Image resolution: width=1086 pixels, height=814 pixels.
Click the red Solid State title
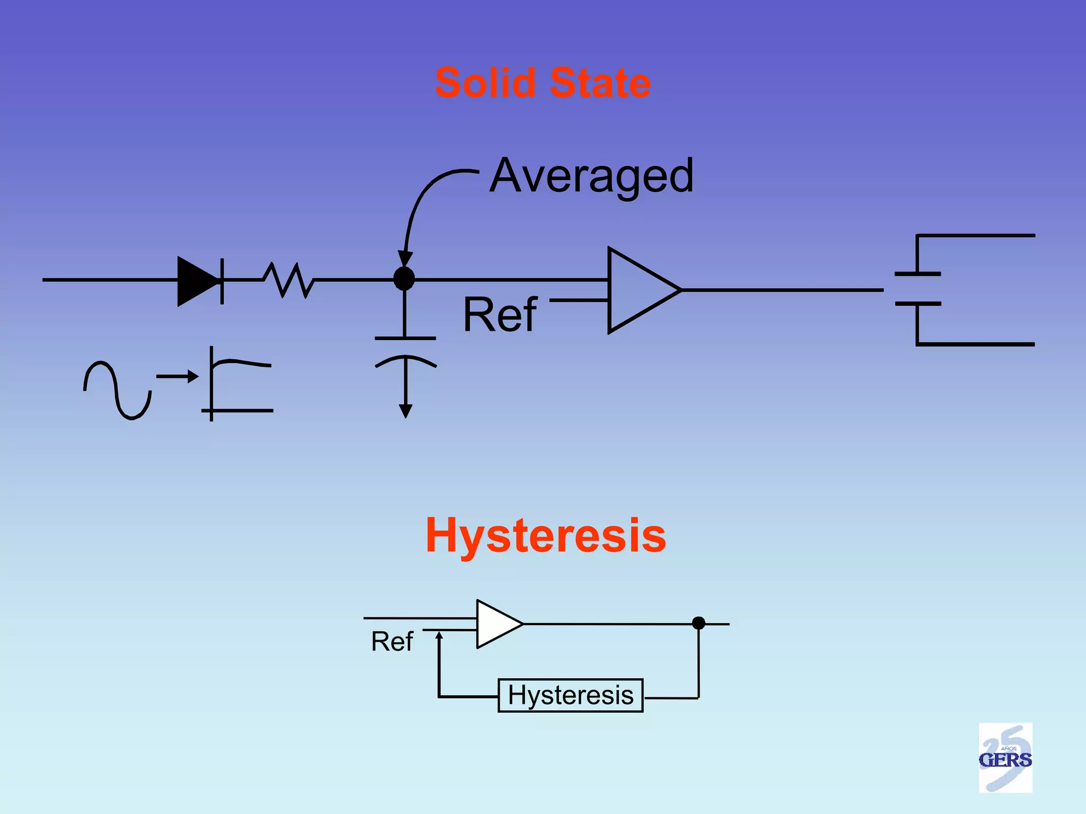[542, 83]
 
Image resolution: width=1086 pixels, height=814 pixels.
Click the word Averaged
[591, 176]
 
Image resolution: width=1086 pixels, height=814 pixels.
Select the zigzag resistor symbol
[288, 280]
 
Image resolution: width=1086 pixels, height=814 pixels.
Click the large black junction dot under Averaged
[404, 279]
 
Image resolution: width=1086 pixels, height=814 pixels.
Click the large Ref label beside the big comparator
[500, 315]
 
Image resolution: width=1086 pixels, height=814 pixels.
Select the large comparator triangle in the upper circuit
[639, 290]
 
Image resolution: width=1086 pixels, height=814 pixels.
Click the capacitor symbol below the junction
[406, 350]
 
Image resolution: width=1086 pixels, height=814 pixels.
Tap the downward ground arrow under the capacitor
[406, 408]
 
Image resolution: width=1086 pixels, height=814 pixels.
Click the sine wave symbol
[117, 391]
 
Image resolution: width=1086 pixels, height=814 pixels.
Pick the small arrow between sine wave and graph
[177, 376]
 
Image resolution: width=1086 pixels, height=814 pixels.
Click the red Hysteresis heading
[546, 535]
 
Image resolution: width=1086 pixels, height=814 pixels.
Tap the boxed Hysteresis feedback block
[571, 695]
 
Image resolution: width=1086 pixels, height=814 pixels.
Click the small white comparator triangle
[496, 624]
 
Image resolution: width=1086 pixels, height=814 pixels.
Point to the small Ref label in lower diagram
[391, 641]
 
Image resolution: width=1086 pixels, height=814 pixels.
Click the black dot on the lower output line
[698, 623]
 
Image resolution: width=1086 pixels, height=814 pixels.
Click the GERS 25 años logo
[1005, 758]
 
